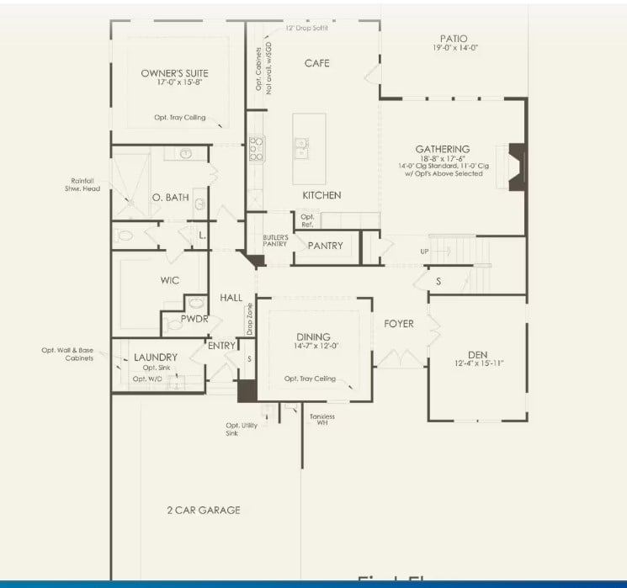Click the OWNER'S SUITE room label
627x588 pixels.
[174, 73]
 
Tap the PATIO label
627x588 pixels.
[453, 39]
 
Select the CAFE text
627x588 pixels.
[316, 63]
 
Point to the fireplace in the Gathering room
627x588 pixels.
[517, 166]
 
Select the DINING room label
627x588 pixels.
[312, 337]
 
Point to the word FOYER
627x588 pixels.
[398, 324]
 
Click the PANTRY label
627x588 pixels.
[325, 246]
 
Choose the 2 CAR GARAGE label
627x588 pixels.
[203, 510]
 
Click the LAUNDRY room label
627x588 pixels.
[156, 358]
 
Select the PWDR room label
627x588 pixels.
[194, 319]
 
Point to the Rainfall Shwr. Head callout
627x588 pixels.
[82, 184]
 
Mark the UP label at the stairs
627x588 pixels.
[425, 252]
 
